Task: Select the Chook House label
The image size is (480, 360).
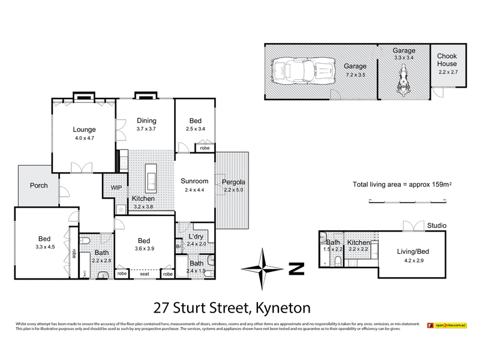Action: point(446,60)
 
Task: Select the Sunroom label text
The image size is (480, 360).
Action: point(195,181)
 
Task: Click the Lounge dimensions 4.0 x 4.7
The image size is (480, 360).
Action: point(85,138)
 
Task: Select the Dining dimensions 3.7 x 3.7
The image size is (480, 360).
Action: point(146,128)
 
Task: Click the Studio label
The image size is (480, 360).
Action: point(436,226)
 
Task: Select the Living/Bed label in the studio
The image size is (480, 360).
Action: point(410,253)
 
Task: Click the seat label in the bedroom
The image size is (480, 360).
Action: point(145,275)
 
